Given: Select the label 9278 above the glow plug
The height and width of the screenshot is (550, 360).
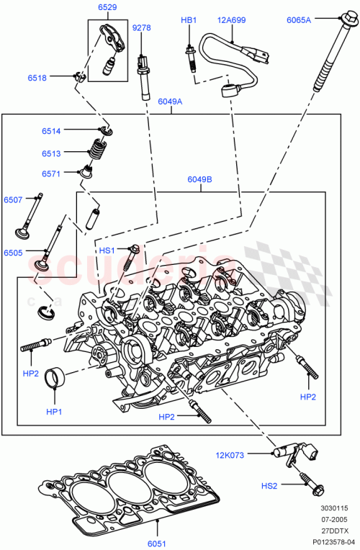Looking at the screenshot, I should pyautogui.click(x=142, y=28).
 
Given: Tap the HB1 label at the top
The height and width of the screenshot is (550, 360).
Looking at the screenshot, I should pyautogui.click(x=188, y=20).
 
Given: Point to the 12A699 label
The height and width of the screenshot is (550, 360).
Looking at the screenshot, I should pyautogui.click(x=232, y=20).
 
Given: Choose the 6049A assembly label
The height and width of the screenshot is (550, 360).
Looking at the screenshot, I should pyautogui.click(x=170, y=102).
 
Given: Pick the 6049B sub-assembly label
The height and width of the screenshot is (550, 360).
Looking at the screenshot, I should pyautogui.click(x=199, y=180).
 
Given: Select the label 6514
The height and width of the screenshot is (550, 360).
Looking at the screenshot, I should pyautogui.click(x=51, y=131).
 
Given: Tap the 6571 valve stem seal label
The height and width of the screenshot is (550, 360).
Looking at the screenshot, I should pyautogui.click(x=51, y=173).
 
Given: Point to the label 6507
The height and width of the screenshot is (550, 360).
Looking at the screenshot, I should pyautogui.click(x=13, y=199).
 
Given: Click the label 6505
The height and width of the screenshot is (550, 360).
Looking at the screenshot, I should pyautogui.click(x=13, y=253).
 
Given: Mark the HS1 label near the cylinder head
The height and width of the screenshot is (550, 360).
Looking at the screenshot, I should pyautogui.click(x=107, y=250).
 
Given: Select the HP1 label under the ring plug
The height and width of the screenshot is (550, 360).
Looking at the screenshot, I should pyautogui.click(x=55, y=412).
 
